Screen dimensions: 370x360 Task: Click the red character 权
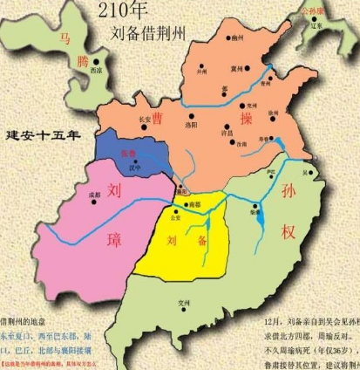[289, 232]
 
